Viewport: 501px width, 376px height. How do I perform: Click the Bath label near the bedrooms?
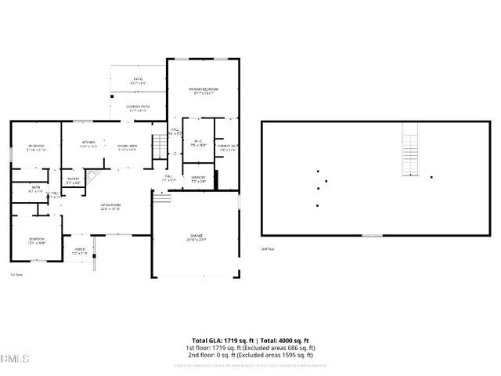36,189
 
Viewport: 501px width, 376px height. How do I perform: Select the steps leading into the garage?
161,199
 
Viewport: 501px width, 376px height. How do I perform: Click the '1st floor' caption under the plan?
16,275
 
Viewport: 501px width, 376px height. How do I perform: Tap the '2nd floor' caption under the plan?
268,248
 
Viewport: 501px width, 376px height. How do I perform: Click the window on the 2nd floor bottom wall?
372,235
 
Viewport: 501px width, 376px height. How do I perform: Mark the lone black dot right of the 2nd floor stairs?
431,177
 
